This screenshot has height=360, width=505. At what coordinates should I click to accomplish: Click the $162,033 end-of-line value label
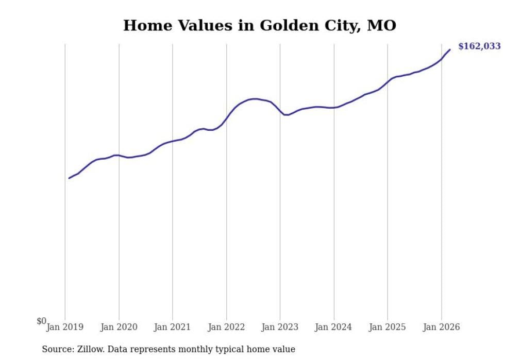(x=479, y=46)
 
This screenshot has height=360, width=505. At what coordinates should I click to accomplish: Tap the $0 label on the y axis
(x=41, y=321)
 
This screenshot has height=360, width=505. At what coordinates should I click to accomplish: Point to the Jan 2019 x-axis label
(x=65, y=327)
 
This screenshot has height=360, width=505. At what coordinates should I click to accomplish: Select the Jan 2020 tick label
(x=119, y=327)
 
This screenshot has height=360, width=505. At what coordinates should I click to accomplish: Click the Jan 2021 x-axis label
(x=173, y=327)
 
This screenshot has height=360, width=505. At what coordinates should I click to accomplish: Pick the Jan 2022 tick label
(x=226, y=327)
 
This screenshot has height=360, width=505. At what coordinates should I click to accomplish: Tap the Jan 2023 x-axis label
(x=280, y=327)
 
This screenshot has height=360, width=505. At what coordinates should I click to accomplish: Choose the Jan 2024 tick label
(x=334, y=327)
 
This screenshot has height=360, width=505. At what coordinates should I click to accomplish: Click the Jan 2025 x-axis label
(x=388, y=327)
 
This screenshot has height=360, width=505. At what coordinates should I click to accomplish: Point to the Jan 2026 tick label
(x=442, y=327)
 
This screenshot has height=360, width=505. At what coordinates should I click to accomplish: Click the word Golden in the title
(x=286, y=25)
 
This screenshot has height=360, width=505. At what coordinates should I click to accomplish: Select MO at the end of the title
(x=381, y=25)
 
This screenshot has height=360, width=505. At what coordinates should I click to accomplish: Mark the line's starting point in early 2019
(x=69, y=178)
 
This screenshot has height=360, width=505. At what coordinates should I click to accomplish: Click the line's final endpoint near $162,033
(x=450, y=49)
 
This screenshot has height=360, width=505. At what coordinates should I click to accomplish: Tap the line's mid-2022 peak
(x=255, y=99)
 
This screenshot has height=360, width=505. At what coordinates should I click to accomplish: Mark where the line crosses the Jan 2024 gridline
(x=334, y=108)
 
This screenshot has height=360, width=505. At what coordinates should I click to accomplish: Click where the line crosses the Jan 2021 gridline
(x=173, y=141)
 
